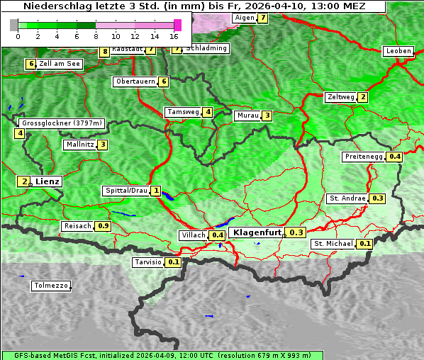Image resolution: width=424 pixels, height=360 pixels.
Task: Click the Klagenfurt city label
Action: tap(255, 232)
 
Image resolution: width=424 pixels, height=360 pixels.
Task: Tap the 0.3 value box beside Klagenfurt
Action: tap(296, 232)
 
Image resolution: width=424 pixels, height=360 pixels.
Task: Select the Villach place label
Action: tap(193, 235)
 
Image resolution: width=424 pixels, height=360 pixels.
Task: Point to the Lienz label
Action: tap(48, 181)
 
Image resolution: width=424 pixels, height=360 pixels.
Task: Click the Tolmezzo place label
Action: tap(51, 286)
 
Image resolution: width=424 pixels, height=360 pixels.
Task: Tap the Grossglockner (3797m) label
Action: tap(62, 123)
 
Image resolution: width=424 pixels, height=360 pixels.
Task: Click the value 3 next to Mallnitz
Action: tap(103, 145)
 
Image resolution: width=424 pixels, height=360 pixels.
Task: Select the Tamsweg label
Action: tap(182, 112)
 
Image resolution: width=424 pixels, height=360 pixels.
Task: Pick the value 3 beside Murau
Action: tap(266, 116)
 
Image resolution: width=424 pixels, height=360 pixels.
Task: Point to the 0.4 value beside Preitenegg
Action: tap(394, 157)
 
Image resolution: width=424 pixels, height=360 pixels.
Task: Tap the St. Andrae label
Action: tap(347, 198)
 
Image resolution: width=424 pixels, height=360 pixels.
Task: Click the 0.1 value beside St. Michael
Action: tap(364, 244)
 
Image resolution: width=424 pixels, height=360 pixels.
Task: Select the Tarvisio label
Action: tap(147, 262)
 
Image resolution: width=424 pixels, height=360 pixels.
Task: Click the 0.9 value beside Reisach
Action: tap(103, 226)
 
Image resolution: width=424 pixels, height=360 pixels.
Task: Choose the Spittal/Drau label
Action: tap(125, 191)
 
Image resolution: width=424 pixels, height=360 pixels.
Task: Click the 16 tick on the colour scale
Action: tap(174, 36)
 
